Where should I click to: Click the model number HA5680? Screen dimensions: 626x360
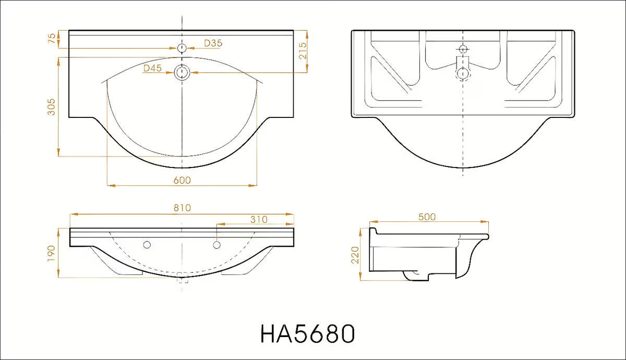[308, 333]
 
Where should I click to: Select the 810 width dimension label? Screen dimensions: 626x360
[182, 208]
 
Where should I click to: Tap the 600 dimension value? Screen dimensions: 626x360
[182, 181]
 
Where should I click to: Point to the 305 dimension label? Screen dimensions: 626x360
[52, 107]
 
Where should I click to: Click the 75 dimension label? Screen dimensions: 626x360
[52, 38]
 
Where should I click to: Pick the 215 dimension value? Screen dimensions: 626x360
[303, 51]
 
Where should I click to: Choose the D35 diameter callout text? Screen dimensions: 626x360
[213, 43]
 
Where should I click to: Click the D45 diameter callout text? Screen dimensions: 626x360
[152, 68]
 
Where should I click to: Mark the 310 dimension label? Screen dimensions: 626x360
[259, 220]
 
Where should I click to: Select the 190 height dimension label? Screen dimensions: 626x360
[52, 253]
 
